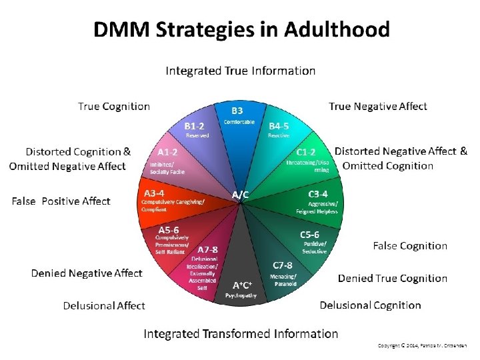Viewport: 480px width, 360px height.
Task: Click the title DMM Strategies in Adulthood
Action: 241,30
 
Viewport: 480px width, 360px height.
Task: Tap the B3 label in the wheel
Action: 237,111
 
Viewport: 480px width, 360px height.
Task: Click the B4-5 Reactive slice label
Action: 279,125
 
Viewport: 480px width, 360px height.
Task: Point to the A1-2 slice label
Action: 167,151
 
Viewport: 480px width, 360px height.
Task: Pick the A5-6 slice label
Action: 168,229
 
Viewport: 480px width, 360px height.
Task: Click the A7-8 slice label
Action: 207,249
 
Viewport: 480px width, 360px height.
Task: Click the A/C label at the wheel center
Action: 240,195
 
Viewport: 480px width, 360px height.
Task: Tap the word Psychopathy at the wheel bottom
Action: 241,295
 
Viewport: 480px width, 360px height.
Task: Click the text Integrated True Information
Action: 240,71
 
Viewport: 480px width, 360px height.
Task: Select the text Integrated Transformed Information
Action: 241,333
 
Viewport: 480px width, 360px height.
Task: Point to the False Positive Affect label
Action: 61,201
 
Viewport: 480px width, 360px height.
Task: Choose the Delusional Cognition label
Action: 370,305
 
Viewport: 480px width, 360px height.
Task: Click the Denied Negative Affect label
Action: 87,273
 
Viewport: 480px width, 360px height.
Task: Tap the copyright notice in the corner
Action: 422,345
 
